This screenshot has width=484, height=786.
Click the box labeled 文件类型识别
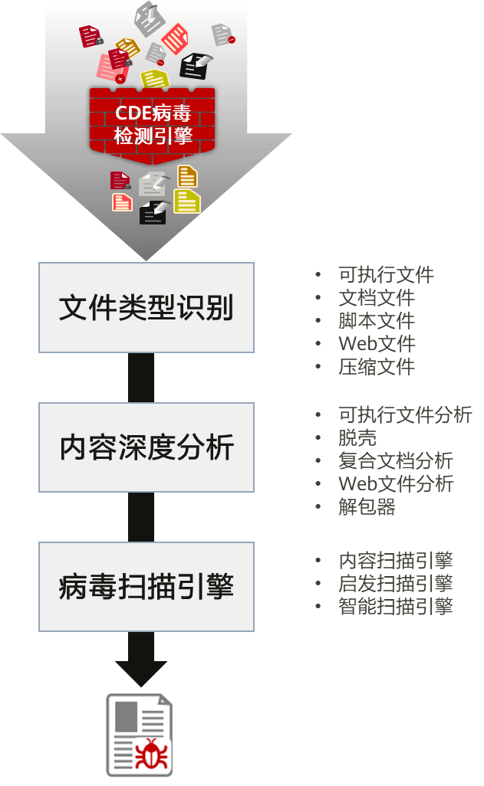click(x=146, y=308)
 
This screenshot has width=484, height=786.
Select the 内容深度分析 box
click(x=146, y=447)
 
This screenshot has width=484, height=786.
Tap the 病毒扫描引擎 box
click(x=146, y=587)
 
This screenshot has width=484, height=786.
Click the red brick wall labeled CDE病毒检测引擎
click(x=153, y=123)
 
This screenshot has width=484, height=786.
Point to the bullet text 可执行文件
click(x=386, y=274)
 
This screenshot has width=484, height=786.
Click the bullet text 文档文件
click(x=376, y=297)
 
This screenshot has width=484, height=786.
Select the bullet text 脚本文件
click(x=376, y=320)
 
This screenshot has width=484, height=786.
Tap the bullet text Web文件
click(x=377, y=343)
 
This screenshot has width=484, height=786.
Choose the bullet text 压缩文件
click(x=376, y=366)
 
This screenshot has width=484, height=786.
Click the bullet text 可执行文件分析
click(x=405, y=414)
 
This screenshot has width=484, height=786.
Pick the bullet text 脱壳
click(x=357, y=437)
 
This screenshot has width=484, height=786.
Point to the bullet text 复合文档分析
click(x=395, y=460)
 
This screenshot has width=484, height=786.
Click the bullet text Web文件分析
click(x=396, y=483)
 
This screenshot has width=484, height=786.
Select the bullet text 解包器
click(x=367, y=506)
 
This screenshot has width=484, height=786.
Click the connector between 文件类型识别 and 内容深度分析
click(x=140, y=378)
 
